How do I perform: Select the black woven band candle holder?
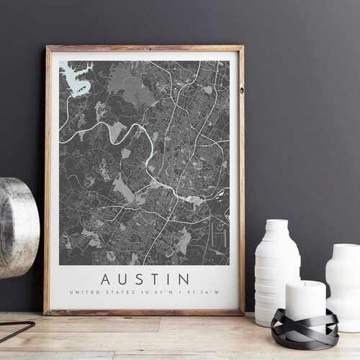pyautogui.click(x=304, y=328)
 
